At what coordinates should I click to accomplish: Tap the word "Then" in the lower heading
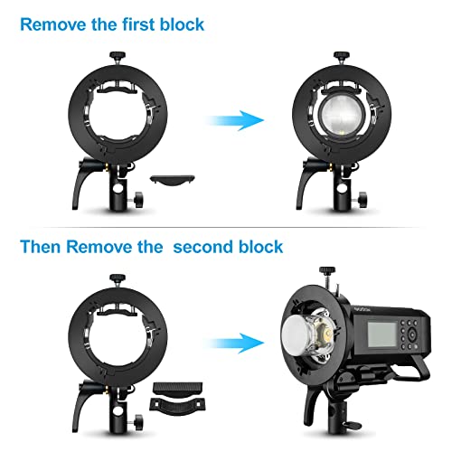tap(41, 246)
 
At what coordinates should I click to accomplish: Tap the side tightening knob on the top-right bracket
tap(363, 198)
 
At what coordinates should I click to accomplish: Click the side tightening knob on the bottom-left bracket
tap(137, 420)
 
